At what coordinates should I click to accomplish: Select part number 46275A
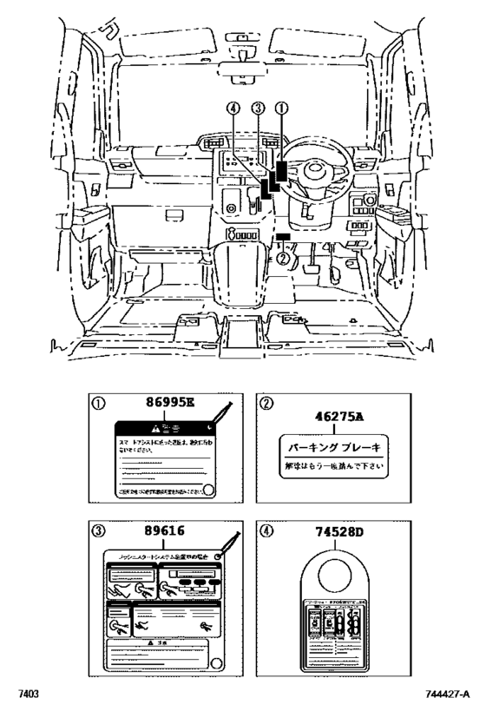tap(334, 416)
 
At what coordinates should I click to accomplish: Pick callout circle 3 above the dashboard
tap(258, 109)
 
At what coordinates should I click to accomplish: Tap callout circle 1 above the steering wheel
tap(279, 109)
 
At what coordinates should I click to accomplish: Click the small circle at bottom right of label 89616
tap(217, 663)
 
